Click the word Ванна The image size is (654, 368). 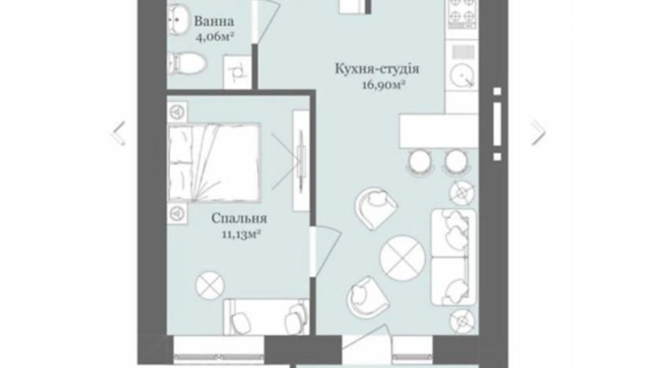point(214,21)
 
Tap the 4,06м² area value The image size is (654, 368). point(215,36)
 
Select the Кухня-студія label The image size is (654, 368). point(376,69)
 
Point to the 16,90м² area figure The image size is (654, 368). point(383,85)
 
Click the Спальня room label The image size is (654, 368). point(239,218)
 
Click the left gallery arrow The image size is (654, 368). point(119,133)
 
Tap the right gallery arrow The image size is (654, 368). point(538,133)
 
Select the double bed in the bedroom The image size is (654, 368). point(214,162)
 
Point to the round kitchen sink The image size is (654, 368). point(462,75)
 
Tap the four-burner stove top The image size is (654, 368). point(462,14)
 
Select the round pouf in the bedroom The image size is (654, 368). point(210,285)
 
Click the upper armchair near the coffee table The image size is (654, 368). point(376,208)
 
